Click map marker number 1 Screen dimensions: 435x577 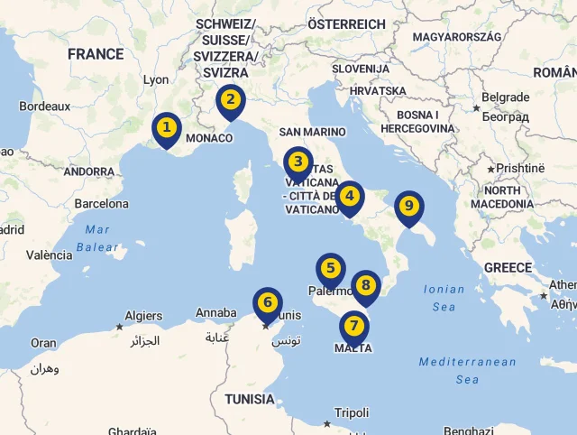pyautogui.click(x=167, y=129)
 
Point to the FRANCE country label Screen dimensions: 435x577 pyautogui.click(x=96, y=54)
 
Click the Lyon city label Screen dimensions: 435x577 pyautogui.click(x=156, y=79)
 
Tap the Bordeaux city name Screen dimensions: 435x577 pyautogui.click(x=44, y=106)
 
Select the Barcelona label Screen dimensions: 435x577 pyautogui.click(x=101, y=204)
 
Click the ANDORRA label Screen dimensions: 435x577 pyautogui.click(x=89, y=171)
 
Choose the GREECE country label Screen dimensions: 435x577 pyautogui.click(x=508, y=268)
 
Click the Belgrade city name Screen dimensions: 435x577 pyautogui.click(x=506, y=97)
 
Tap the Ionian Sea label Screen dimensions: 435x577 pyautogui.click(x=444, y=298)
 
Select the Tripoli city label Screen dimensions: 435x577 pyautogui.click(x=352, y=412)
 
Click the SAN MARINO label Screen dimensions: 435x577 pyautogui.click(x=312, y=132)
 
